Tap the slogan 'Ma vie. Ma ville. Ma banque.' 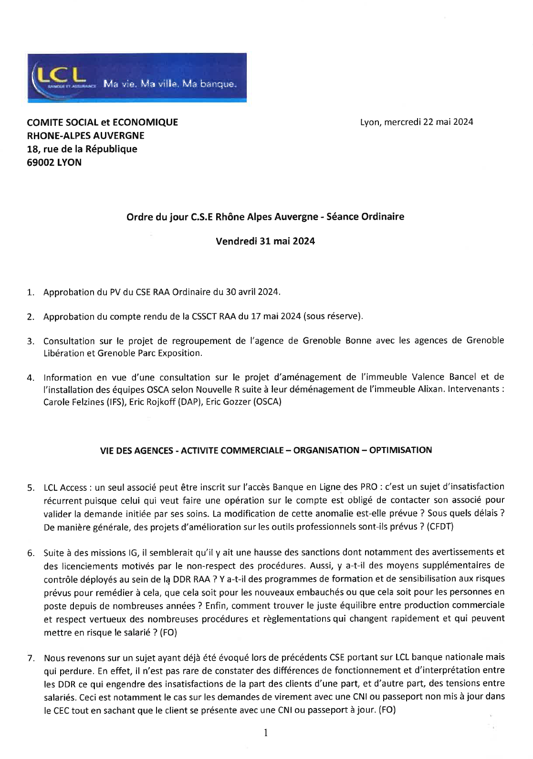tap(169, 84)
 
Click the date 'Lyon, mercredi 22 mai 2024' tap(416, 122)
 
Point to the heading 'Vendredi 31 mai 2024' tap(265, 241)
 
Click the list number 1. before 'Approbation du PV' tap(31, 293)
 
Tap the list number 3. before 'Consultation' tap(31, 341)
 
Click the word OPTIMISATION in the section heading tap(400, 450)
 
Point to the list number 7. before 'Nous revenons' tap(31, 658)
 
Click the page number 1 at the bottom tap(266, 733)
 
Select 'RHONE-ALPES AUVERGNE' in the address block tap(85, 136)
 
